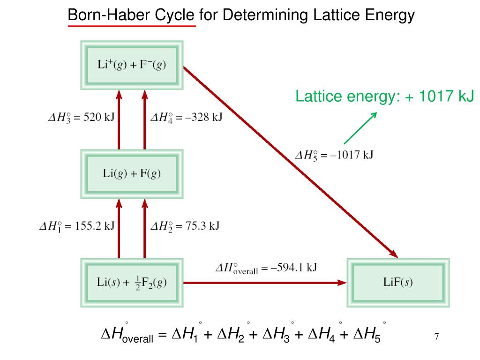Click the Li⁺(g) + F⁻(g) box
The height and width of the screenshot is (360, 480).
(132, 65)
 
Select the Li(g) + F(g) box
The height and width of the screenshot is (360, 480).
(132, 173)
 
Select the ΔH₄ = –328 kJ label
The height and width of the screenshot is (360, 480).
(186, 117)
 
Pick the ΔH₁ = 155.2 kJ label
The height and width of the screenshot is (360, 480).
(77, 226)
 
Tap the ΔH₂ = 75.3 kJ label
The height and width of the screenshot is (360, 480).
(185, 226)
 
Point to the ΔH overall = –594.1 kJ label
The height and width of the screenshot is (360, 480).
(266, 268)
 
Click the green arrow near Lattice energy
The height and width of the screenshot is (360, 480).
(360, 127)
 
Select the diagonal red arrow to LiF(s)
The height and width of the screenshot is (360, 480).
(291, 162)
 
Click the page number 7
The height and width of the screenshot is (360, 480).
(436, 337)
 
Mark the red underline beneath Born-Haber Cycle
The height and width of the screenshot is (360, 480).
(132, 26)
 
